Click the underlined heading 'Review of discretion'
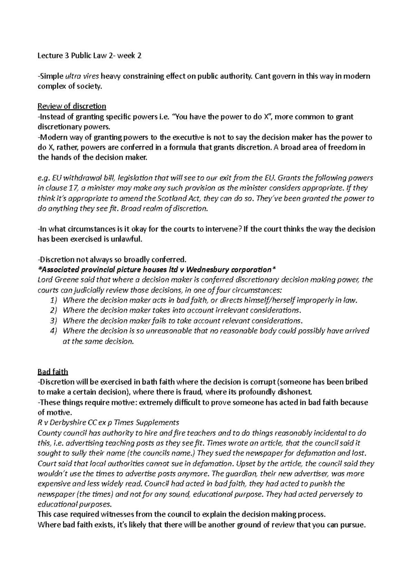tap(72, 106)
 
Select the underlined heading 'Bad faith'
tap(53, 372)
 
